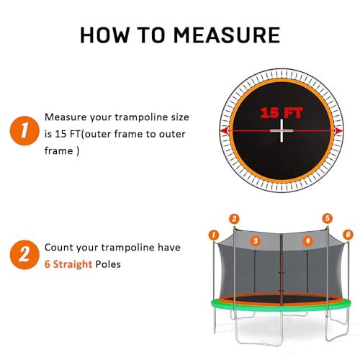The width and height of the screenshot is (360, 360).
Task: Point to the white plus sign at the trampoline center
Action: coord(279,132)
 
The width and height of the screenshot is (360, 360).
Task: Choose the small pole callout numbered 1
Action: coord(213,234)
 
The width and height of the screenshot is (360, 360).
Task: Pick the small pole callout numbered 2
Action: coord(233,218)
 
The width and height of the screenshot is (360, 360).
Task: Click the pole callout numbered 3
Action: coord(254,240)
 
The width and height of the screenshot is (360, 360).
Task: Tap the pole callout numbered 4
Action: coord(307,240)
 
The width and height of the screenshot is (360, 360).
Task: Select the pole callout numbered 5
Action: coord(328,218)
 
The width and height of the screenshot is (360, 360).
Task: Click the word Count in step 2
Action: coord(59,247)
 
